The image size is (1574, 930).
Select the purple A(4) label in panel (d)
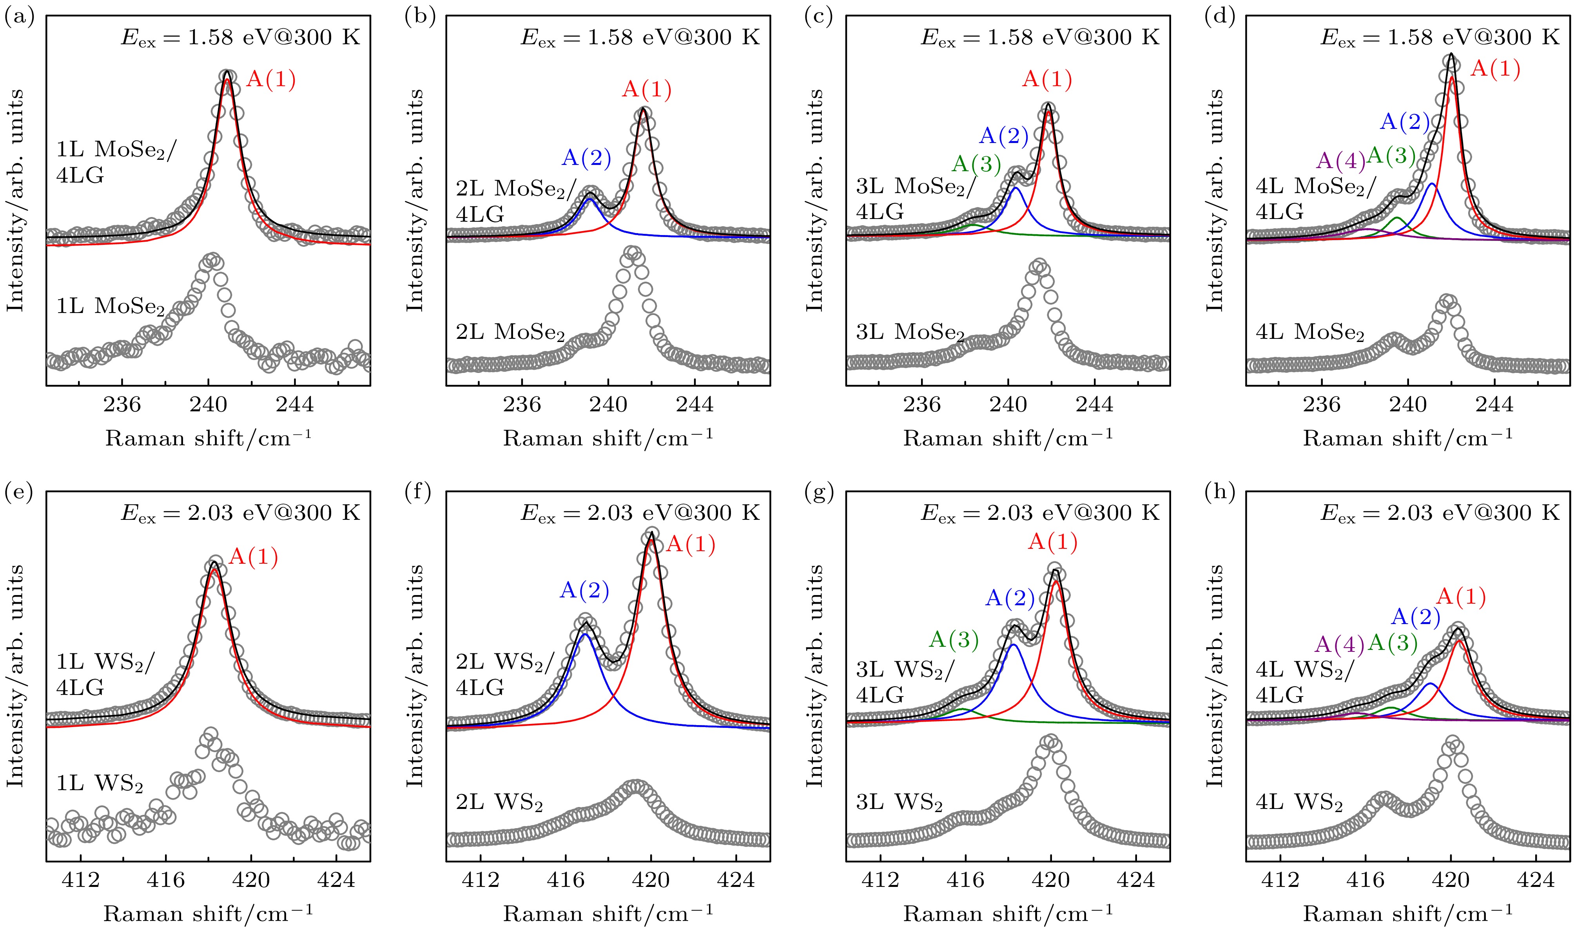tap(1340, 161)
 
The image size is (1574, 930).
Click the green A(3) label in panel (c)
tap(976, 164)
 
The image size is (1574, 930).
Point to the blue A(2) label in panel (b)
tap(586, 157)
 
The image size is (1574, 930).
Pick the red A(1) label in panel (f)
tap(690, 545)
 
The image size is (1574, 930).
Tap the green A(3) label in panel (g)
tap(954, 639)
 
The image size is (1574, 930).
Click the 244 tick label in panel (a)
tap(295, 405)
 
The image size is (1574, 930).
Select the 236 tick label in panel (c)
tap(921, 405)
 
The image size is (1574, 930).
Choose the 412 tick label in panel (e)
tap(81, 880)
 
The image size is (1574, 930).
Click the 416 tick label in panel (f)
tap(566, 880)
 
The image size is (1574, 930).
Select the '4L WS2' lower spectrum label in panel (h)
tap(1299, 803)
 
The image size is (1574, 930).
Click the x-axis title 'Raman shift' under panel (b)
tap(608, 438)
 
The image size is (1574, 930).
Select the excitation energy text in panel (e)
tap(240, 513)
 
